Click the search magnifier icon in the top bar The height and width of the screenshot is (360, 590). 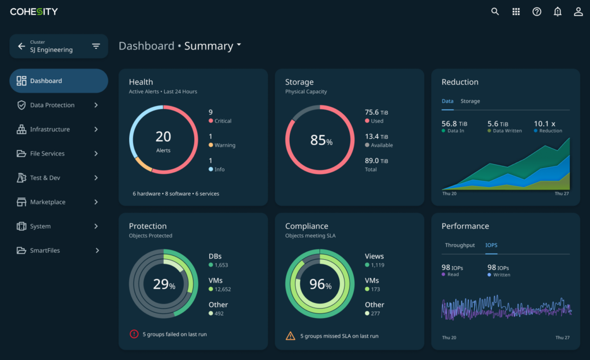pyautogui.click(x=495, y=12)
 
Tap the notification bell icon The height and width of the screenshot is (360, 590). pyautogui.click(x=557, y=12)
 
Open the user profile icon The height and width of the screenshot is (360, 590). pyautogui.click(x=578, y=12)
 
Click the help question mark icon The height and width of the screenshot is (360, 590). pyautogui.click(x=536, y=12)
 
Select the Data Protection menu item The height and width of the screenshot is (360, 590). pyautogui.click(x=52, y=105)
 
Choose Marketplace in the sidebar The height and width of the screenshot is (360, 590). pyautogui.click(x=48, y=202)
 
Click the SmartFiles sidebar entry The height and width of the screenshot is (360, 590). pyautogui.click(x=45, y=251)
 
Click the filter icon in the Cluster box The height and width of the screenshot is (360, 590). pyautogui.click(x=96, y=46)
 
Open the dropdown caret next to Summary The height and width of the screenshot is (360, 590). pyautogui.click(x=239, y=45)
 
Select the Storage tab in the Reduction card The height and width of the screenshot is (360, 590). pyautogui.click(x=470, y=101)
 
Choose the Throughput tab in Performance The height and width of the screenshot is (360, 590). pyautogui.click(x=460, y=245)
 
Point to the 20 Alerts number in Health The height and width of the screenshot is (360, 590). pyautogui.click(x=163, y=137)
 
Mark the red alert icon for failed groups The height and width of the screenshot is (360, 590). pyautogui.click(x=134, y=334)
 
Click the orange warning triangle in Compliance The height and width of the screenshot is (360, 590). pyautogui.click(x=290, y=336)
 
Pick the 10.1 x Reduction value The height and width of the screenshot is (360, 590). pyautogui.click(x=544, y=124)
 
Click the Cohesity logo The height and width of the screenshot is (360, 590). pyautogui.click(x=34, y=12)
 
